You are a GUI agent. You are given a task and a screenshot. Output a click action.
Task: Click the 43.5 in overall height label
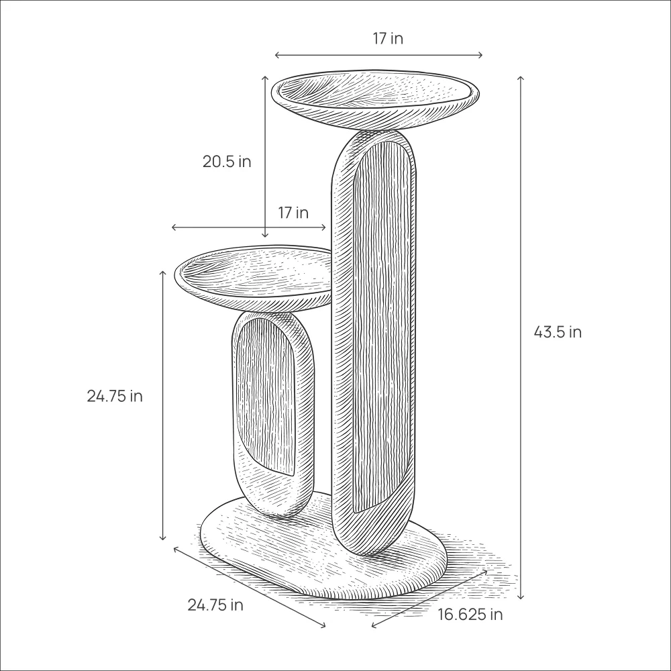point(557,331)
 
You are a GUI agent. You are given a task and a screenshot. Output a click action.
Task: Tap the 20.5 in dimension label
point(227,162)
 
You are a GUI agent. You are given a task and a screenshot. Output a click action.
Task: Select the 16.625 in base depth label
point(470,614)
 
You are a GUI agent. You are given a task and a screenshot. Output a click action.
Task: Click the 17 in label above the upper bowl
point(388,39)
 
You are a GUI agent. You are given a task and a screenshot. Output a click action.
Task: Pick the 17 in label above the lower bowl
point(293,213)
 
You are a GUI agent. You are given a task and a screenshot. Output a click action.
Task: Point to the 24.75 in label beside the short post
point(114,396)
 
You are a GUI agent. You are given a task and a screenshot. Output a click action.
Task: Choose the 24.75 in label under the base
point(215,605)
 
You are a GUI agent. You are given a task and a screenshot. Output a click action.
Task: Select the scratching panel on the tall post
point(381,322)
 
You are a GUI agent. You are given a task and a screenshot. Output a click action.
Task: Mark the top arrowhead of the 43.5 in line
point(521,79)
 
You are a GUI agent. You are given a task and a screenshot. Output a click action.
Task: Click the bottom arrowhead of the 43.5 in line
point(521,597)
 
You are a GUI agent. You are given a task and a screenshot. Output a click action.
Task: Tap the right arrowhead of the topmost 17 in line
point(480,55)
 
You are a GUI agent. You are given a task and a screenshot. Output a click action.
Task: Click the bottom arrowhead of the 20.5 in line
point(265,236)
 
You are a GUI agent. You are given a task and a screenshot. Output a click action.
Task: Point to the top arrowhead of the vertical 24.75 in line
point(162,272)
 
